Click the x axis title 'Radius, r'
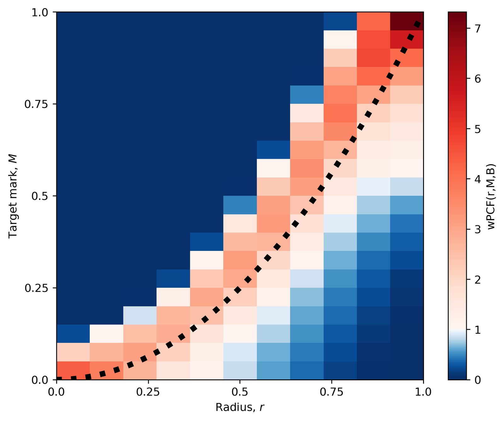[x=240, y=407]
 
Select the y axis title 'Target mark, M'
[x=13, y=196]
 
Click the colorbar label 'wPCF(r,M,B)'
[x=490, y=196]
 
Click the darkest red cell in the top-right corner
[x=407, y=21]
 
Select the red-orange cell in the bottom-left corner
[x=73, y=371]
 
